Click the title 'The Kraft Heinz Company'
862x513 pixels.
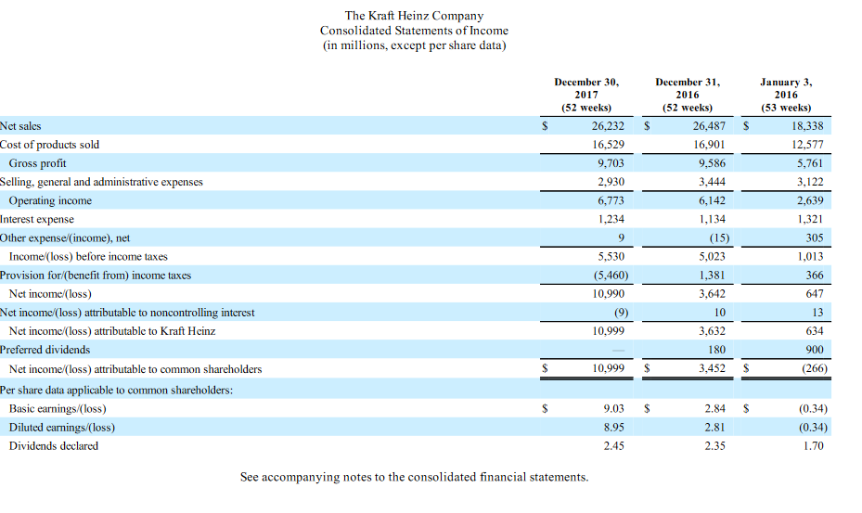point(414,16)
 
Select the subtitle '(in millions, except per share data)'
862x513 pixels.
point(414,46)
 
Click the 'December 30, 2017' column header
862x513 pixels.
point(586,94)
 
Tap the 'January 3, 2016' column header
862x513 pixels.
point(785,94)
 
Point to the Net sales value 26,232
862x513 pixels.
point(608,126)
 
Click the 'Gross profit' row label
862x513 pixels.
point(37,163)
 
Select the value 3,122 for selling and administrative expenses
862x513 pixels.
point(809,182)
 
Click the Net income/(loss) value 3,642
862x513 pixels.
point(712,293)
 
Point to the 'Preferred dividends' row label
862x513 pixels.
point(45,350)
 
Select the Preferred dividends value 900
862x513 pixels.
point(814,350)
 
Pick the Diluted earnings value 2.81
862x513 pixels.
point(714,427)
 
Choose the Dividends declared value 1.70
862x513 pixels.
point(815,446)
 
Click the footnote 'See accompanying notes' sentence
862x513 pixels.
point(414,477)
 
